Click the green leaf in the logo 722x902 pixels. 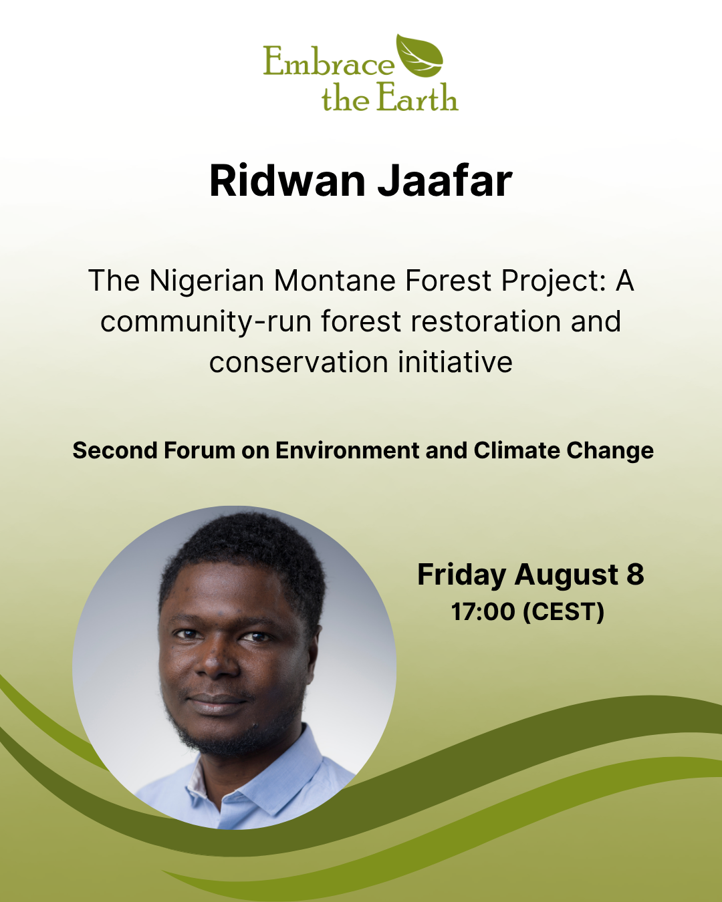(420, 55)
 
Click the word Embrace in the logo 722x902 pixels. (329, 61)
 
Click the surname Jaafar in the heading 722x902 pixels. (445, 180)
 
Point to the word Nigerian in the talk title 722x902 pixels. (207, 281)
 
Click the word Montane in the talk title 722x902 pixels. (334, 281)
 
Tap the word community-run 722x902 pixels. (206, 322)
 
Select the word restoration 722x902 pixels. (485, 321)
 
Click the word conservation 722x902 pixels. (299, 362)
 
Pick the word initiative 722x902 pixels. (455, 361)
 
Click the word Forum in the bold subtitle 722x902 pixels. (199, 450)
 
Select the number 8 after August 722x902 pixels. (635, 574)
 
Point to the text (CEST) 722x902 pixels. (564, 612)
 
